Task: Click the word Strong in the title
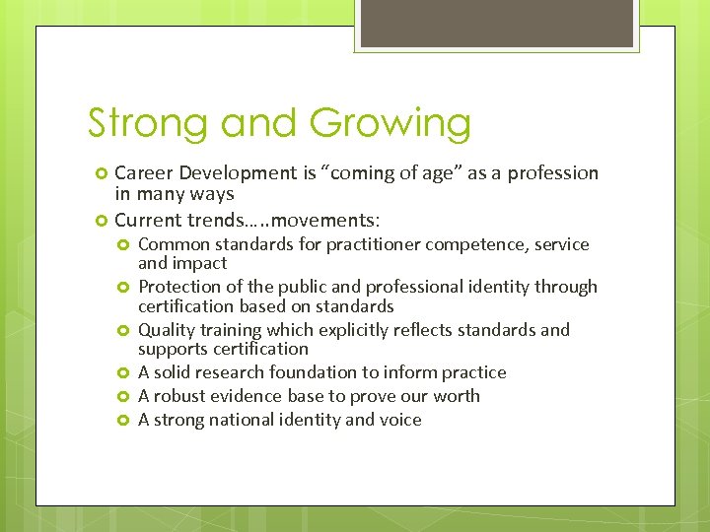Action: (149, 124)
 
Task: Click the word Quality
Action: (167, 330)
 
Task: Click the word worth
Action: (458, 396)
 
